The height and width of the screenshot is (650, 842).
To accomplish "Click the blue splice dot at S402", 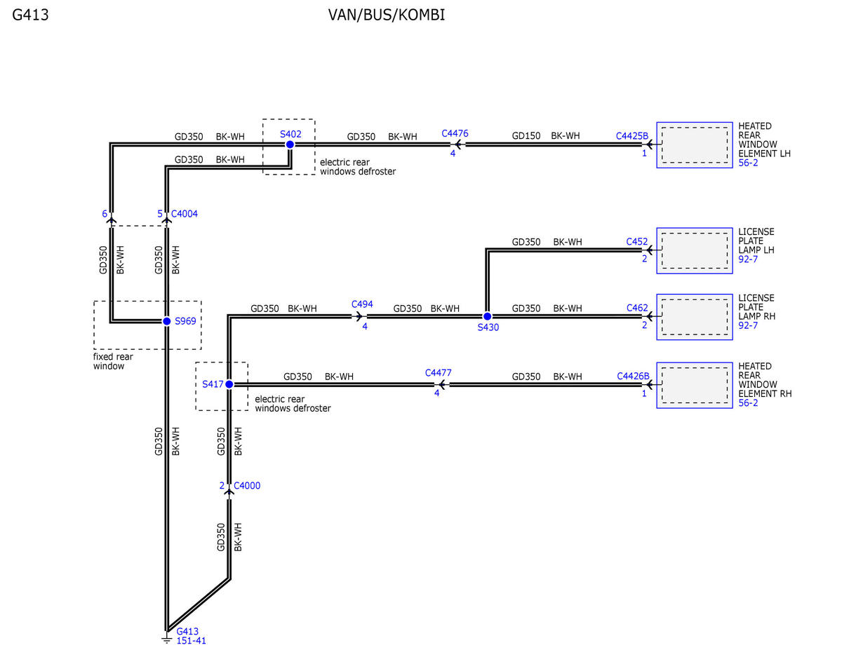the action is point(290,144).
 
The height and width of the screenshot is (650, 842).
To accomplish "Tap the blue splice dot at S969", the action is point(166,321).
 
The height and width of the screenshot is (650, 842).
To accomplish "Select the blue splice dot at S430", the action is point(487,316).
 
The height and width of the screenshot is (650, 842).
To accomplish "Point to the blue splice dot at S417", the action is point(229,384).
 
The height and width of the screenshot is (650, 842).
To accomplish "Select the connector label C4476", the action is point(455,133).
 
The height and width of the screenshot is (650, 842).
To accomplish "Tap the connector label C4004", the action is point(185,214).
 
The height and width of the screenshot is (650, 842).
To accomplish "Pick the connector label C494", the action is point(362,304).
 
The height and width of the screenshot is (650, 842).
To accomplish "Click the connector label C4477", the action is point(439,373).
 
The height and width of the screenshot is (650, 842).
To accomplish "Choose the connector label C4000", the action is point(247,485).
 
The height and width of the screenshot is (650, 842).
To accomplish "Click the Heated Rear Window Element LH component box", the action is point(695,144).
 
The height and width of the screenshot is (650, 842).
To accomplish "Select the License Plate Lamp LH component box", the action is point(695,250).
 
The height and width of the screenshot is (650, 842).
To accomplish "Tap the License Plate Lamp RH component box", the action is point(695,317).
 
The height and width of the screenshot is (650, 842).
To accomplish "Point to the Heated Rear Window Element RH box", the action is point(695,385).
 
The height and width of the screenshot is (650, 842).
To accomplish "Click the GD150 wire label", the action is point(526,136).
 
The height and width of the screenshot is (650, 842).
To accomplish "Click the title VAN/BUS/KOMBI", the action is point(387,15).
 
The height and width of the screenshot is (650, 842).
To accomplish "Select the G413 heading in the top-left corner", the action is point(30,15).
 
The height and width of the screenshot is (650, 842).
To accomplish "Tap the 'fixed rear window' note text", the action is point(113,361).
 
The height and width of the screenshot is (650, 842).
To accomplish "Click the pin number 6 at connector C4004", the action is point(105,214).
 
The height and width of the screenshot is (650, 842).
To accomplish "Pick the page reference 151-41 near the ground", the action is point(191,641).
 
